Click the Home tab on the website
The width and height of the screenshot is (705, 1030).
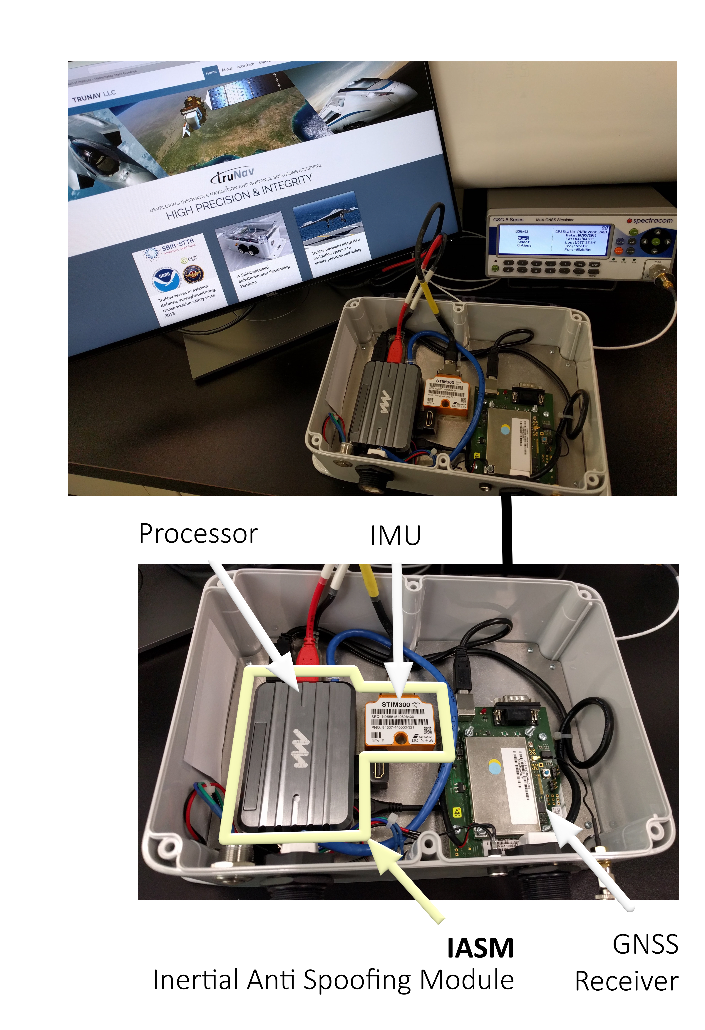coord(211,72)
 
